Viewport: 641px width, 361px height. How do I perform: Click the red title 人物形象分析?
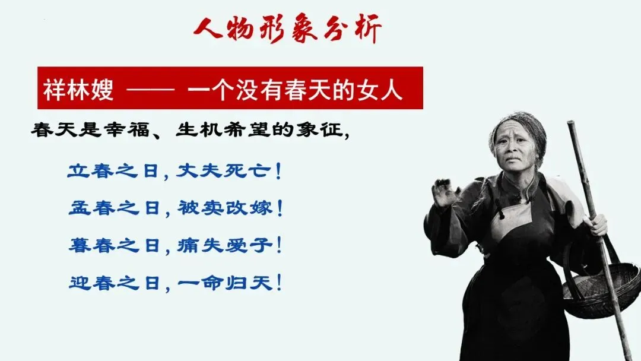point(287,28)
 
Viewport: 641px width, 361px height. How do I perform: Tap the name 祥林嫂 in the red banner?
point(78,89)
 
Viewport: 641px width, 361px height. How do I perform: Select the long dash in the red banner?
point(150,88)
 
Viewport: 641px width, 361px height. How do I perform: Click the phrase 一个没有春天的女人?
point(295,89)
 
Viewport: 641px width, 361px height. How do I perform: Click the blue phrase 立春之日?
point(113,171)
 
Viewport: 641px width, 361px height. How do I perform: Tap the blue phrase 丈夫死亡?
point(223,171)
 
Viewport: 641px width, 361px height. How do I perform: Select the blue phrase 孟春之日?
point(113,208)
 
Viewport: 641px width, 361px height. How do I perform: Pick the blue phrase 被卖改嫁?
point(224,208)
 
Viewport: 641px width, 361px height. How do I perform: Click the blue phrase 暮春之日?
point(113,245)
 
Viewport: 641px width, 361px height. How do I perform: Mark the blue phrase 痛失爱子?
point(224,245)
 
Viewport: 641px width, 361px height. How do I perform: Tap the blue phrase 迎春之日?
point(113,283)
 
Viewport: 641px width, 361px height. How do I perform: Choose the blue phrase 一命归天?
point(224,283)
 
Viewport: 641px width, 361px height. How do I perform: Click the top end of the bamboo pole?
point(571,123)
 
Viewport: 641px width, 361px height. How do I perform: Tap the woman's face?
point(515,145)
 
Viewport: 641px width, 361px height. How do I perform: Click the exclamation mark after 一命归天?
point(279,283)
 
